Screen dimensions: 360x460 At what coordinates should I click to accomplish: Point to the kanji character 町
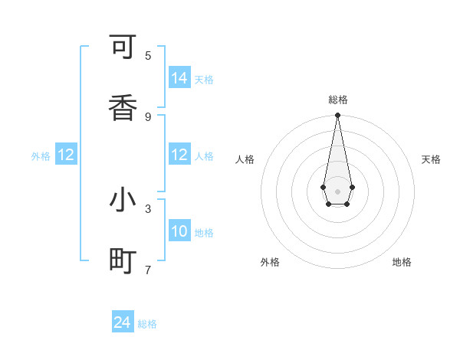tap(123, 261)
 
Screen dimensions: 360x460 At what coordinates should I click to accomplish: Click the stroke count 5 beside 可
tap(148, 55)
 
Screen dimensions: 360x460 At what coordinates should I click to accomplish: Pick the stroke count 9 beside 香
tap(148, 116)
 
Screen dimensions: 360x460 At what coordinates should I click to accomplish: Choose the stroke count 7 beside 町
tap(148, 270)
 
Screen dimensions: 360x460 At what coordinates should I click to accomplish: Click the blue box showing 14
tap(179, 78)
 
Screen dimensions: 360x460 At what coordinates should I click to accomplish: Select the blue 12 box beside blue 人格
tap(179, 155)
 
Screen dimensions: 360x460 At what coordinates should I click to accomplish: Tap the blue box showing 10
tap(179, 231)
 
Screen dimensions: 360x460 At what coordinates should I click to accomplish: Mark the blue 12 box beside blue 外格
tap(66, 155)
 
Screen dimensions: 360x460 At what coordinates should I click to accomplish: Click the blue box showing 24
tap(123, 322)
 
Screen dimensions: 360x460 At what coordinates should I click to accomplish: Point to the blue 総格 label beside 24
tap(148, 324)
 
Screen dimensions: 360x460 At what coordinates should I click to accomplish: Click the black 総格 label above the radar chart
tap(337, 100)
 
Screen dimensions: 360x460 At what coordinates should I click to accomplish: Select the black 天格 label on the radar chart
tap(431, 159)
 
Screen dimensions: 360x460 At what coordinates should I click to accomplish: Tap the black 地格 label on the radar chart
tap(402, 262)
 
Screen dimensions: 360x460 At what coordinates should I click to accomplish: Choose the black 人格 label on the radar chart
tap(245, 159)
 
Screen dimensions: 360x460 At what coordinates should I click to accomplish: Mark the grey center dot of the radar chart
tap(337, 191)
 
